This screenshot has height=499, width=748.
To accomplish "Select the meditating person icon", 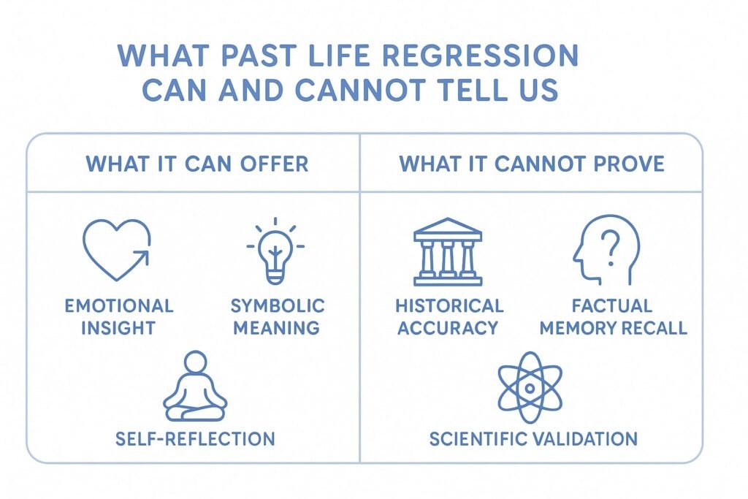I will pyautogui.click(x=195, y=386).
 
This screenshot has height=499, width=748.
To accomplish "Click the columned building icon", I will pyautogui.click(x=448, y=252).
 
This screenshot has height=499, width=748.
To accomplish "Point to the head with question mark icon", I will pyautogui.click(x=606, y=249).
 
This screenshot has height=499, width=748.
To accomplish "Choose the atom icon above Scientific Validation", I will pyautogui.click(x=530, y=387).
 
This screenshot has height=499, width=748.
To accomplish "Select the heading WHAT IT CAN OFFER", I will pyautogui.click(x=196, y=164).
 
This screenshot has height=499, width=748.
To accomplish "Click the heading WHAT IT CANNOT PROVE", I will pyautogui.click(x=531, y=164).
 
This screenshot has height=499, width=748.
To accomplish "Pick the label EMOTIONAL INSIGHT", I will pyautogui.click(x=118, y=316).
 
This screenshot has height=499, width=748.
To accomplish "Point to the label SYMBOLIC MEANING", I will pyautogui.click(x=277, y=316).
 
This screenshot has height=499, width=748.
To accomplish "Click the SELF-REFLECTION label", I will pyautogui.click(x=195, y=438).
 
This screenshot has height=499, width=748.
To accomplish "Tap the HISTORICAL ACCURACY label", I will pyautogui.click(x=449, y=316).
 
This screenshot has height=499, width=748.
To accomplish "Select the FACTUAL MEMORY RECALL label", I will pyautogui.click(x=612, y=316).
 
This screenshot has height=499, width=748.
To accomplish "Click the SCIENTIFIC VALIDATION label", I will pyautogui.click(x=533, y=438).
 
